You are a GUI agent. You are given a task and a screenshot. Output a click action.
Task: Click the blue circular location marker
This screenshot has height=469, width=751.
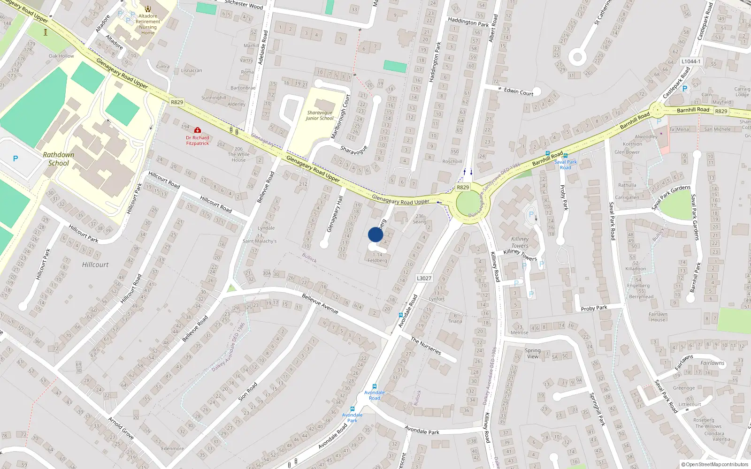coord(375,234)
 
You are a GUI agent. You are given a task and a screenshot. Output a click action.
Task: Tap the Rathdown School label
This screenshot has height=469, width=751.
coord(59,159)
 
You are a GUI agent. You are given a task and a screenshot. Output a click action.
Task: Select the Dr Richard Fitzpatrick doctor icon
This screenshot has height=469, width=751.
coord(198,130)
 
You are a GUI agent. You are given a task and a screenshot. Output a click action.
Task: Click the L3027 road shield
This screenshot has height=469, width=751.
coord(424,278)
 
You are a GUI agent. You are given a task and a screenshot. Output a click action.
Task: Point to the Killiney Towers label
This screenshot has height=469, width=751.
coord(520,242)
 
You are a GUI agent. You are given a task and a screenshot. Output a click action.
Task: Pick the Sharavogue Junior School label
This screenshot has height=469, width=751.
coord(320,115)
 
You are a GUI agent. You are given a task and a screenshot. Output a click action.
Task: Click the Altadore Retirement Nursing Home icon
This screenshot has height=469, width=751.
coord(148,9)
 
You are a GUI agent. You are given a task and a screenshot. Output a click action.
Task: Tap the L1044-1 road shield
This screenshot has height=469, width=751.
coord(691,61)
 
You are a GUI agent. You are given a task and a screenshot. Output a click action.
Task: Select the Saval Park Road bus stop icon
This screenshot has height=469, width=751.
coord(565,156)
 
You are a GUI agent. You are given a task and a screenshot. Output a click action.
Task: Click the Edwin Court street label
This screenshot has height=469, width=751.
coord(518,92)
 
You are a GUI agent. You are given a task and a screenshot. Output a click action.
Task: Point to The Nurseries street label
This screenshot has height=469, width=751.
coord(426,346)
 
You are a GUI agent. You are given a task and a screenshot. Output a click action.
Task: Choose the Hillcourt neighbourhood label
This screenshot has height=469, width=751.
coord(95,265)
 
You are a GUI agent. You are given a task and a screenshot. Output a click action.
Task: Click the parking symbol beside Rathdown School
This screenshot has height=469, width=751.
coord(15,159)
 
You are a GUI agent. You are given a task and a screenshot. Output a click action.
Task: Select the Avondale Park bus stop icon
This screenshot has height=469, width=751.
coord(352,409)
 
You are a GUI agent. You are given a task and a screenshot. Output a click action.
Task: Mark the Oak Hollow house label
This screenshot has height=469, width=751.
coord(61,56)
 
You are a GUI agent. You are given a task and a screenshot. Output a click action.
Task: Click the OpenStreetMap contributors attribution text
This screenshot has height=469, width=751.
coord(715,464)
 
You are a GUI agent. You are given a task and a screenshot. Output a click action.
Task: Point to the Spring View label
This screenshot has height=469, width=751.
coord(533,353)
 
